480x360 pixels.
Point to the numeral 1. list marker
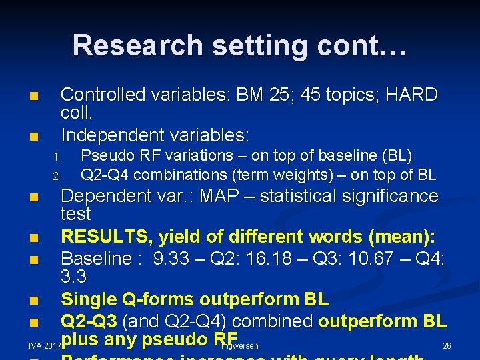click(57, 158)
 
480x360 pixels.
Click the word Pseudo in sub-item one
click(103, 156)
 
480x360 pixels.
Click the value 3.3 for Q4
click(74, 275)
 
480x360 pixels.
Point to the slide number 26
click(447, 346)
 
